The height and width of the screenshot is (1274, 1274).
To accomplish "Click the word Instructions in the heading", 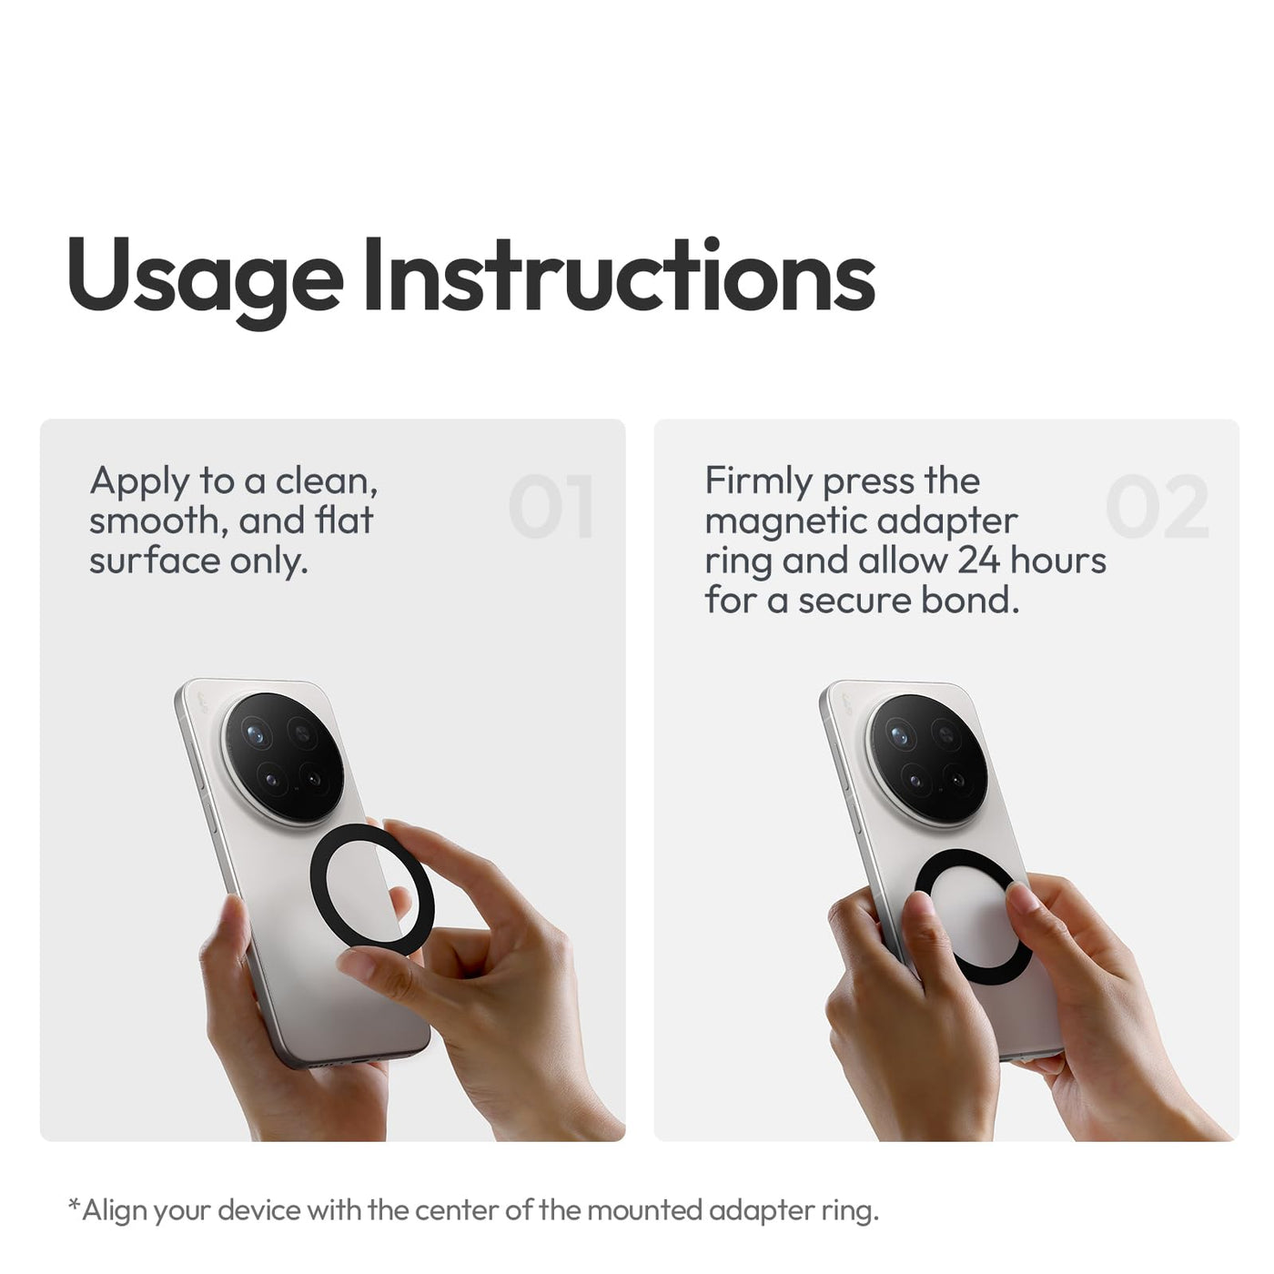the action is pos(620,274).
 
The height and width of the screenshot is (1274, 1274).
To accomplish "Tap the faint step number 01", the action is pos(551,506).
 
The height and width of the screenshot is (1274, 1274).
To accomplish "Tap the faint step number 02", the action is pos(1157,506).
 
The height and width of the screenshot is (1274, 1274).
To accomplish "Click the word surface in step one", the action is pos(154,561).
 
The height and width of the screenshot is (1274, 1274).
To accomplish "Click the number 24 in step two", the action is pos(978,561).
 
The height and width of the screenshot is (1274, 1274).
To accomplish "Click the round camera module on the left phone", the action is pos(283,758).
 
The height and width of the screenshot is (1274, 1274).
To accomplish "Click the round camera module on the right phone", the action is pos(927,759).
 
